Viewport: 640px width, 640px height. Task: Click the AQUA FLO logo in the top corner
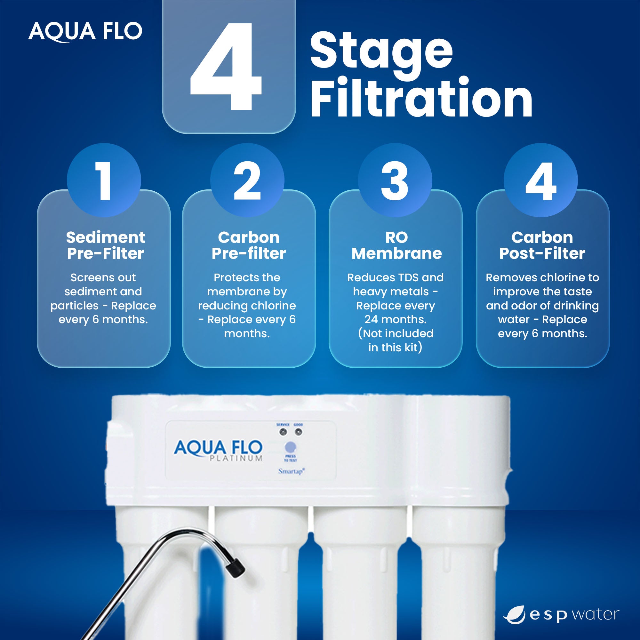(x=85, y=31)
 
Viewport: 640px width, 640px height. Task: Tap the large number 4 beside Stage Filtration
(x=227, y=66)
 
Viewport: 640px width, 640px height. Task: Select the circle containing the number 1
(x=104, y=180)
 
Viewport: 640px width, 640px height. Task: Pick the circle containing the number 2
(x=247, y=180)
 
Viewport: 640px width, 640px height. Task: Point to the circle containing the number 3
(x=395, y=180)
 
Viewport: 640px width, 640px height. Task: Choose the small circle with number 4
(x=540, y=180)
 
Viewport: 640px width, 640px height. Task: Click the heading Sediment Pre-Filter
(x=105, y=245)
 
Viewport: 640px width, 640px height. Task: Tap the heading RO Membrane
(x=396, y=245)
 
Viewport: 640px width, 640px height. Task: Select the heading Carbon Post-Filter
(x=542, y=245)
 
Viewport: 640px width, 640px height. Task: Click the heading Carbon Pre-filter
(x=248, y=245)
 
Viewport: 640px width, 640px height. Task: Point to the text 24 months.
(x=396, y=319)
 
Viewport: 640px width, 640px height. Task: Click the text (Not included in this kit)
(x=396, y=340)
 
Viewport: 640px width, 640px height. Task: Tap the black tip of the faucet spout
(x=236, y=569)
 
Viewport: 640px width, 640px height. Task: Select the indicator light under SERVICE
(x=283, y=432)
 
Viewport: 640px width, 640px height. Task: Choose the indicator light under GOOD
(x=299, y=432)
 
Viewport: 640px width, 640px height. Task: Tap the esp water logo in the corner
(x=561, y=615)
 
